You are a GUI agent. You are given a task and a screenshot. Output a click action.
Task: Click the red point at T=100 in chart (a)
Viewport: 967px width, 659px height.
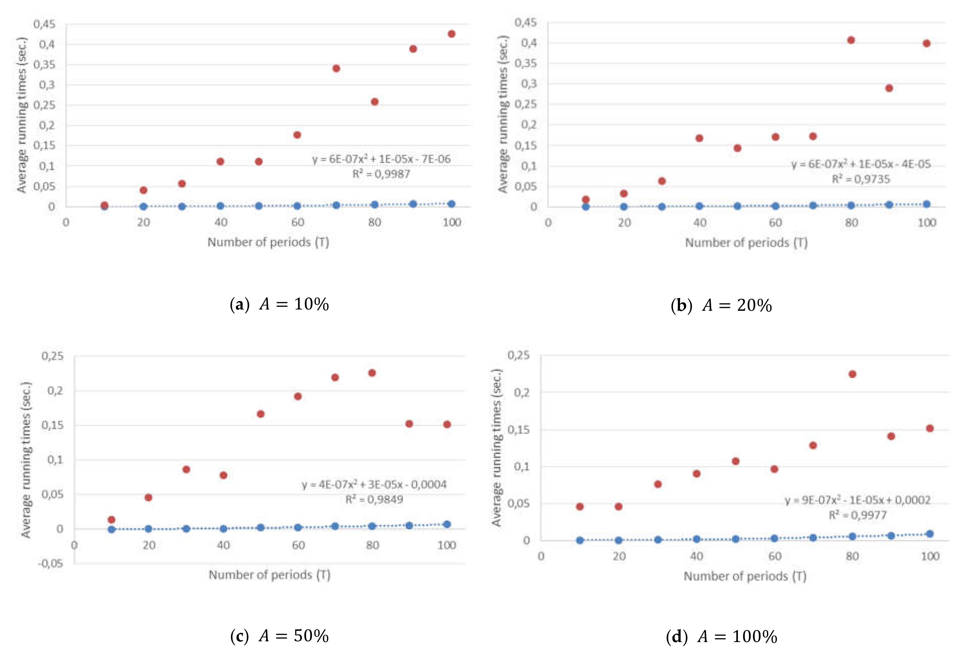click(x=451, y=34)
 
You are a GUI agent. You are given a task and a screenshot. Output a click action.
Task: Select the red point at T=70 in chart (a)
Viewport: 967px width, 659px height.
click(x=336, y=68)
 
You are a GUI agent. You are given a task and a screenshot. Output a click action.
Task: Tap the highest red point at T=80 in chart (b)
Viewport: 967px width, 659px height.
click(x=851, y=40)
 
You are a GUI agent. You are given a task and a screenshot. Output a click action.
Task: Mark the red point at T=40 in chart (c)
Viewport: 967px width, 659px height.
click(x=224, y=475)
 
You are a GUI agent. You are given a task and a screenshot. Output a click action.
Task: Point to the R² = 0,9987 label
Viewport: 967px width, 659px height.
click(x=381, y=174)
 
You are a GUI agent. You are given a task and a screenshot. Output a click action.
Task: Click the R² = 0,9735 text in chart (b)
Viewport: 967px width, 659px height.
click(x=861, y=179)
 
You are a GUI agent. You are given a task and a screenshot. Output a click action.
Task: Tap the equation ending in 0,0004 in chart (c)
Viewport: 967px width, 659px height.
click(x=374, y=485)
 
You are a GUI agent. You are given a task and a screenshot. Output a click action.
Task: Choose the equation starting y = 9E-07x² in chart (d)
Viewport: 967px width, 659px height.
click(x=858, y=500)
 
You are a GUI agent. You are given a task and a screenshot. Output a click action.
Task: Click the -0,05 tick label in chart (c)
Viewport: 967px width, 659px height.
click(x=50, y=564)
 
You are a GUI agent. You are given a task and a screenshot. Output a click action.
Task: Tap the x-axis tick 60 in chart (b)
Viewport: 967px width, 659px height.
click(x=775, y=223)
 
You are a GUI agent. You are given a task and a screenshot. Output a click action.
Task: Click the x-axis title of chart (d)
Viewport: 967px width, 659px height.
click(x=745, y=576)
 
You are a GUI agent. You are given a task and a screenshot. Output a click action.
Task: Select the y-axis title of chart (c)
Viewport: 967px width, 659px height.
click(x=26, y=460)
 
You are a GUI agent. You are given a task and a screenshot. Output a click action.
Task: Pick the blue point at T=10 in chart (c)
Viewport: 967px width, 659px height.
click(x=112, y=529)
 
